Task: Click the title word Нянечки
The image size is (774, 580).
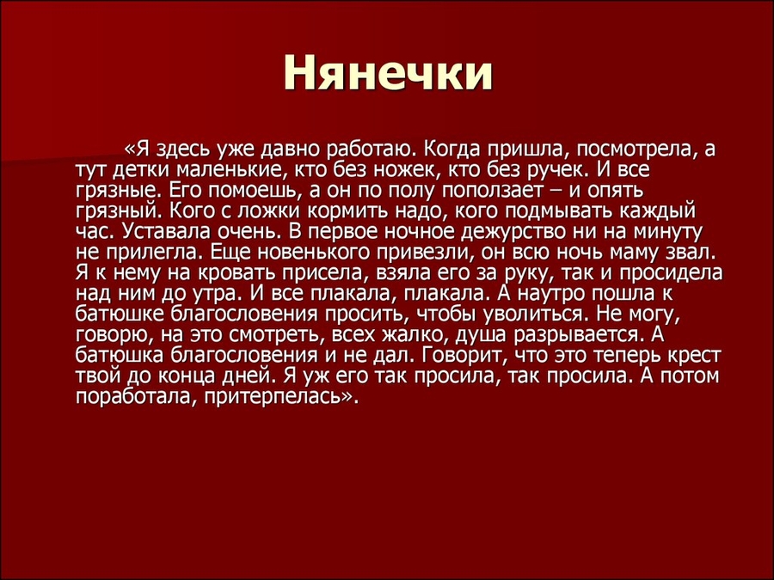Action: coord(388,74)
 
